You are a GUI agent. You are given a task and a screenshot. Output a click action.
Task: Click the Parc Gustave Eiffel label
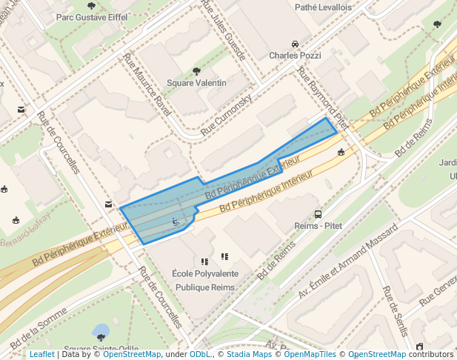[x=91, y=16]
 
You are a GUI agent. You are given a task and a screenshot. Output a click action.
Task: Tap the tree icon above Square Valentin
[x=196, y=71]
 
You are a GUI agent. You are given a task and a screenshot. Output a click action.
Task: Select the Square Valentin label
[x=196, y=83]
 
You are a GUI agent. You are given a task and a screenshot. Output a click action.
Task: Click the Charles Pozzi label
[x=294, y=56]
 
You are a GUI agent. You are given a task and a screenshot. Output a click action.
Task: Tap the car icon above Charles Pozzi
[x=295, y=44]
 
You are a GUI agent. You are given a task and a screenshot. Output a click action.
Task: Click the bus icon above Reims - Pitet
[x=318, y=213]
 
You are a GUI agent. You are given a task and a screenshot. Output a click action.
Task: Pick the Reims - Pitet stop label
[x=318, y=225]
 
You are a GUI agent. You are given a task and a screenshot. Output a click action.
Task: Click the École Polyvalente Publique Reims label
[x=204, y=280]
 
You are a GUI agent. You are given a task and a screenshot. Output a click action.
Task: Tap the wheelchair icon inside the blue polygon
[x=176, y=221]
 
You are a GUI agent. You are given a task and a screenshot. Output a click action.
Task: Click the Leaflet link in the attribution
[x=41, y=355]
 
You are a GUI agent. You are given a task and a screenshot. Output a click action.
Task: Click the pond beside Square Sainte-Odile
[x=100, y=330]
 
